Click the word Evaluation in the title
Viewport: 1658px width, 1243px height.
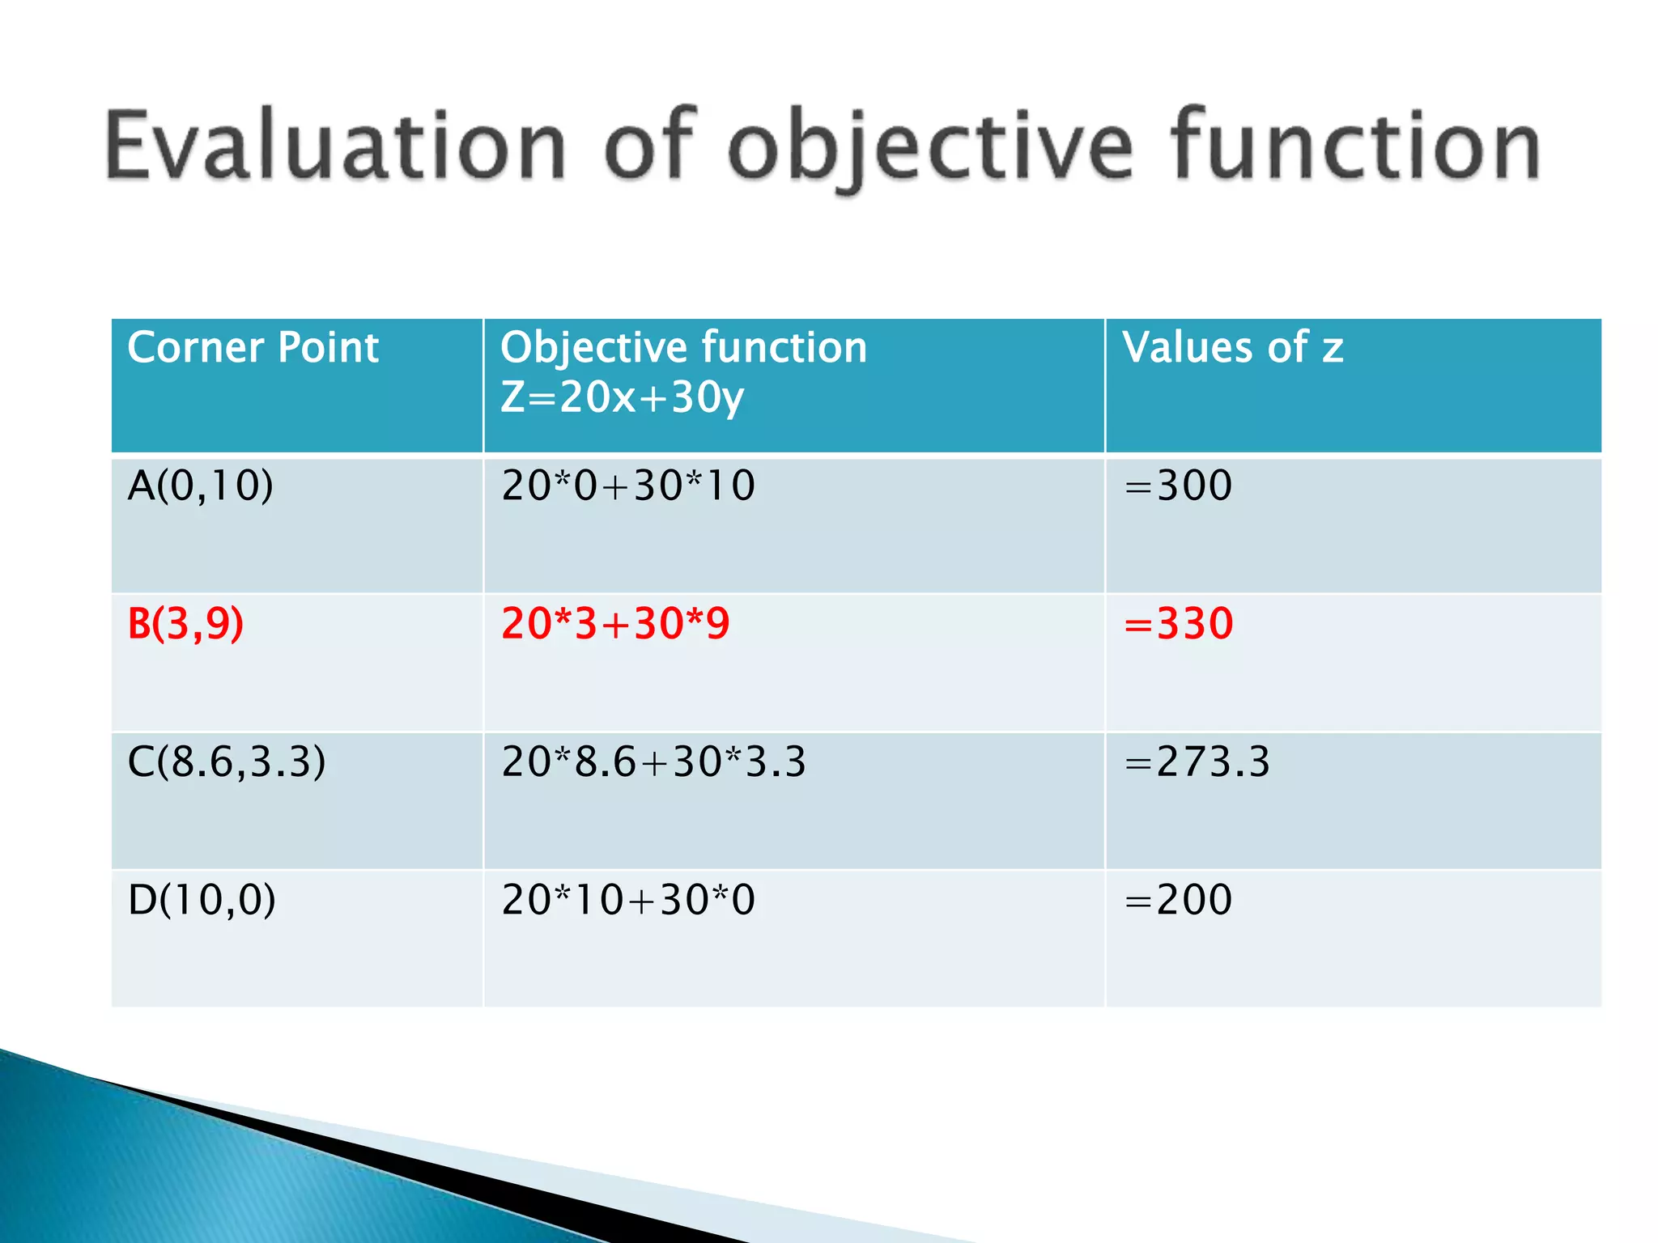click(335, 146)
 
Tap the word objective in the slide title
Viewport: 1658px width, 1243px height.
click(931, 146)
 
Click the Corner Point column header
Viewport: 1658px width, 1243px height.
click(253, 348)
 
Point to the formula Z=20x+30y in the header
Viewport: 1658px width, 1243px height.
click(622, 397)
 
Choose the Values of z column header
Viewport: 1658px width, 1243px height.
click(1232, 348)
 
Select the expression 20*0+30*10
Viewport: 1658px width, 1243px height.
click(628, 486)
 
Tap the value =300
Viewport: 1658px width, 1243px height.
click(1179, 486)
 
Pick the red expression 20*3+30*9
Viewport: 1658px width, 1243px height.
click(615, 624)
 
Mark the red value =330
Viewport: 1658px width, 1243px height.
click(1179, 624)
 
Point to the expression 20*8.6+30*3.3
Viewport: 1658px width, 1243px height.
click(654, 762)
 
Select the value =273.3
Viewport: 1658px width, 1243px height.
click(1197, 762)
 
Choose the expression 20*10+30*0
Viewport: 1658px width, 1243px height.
click(628, 900)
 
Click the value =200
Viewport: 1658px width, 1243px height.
click(1179, 900)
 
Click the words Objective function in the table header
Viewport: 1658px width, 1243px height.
click(683, 348)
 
